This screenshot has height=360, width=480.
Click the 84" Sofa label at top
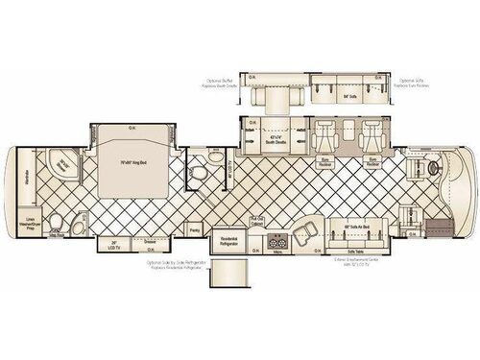(323, 97)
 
